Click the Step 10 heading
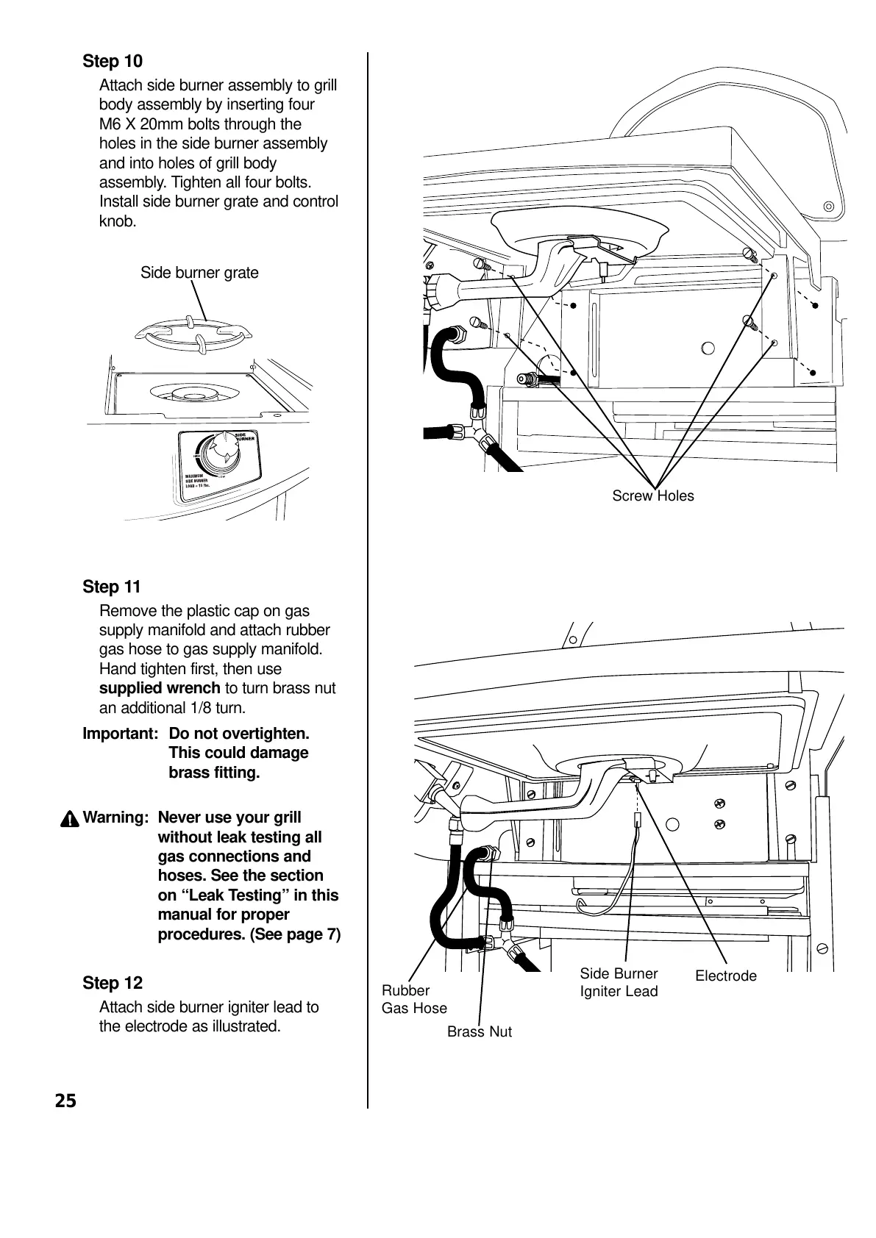point(113,61)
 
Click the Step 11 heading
point(111,587)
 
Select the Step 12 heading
point(113,983)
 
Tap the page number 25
point(65,1101)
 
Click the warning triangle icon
point(71,818)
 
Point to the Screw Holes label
point(652,496)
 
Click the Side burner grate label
point(199,273)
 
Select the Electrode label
point(725,976)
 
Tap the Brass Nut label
point(479,1031)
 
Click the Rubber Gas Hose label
point(413,999)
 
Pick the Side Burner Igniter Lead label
point(619,982)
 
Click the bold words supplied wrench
point(160,688)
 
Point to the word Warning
point(116,817)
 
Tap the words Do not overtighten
point(239,734)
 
